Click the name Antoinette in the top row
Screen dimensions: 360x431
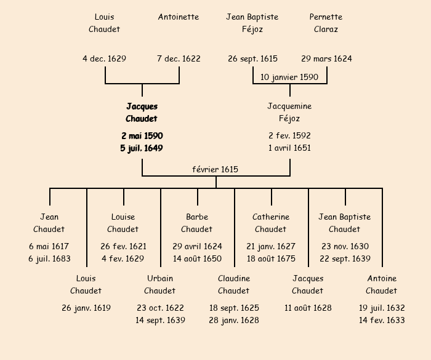point(179,17)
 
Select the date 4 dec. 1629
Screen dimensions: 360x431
point(104,59)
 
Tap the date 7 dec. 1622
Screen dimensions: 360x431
point(179,59)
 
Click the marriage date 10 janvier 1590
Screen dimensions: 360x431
point(289,78)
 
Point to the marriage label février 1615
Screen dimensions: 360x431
point(215,169)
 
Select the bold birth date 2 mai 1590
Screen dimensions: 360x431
point(142,135)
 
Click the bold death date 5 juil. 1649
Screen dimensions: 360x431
point(142,148)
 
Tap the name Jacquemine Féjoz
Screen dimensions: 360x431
point(289,112)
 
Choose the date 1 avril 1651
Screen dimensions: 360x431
point(289,148)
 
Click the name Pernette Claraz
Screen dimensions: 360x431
point(326,23)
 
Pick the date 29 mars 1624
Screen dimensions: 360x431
point(326,59)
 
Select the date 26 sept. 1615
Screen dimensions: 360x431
point(252,59)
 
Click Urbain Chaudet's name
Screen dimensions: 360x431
point(160,284)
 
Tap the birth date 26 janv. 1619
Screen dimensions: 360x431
point(86,308)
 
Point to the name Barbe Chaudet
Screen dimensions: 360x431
point(197,223)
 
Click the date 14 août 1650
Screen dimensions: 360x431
point(197,258)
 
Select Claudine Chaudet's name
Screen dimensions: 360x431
point(234,284)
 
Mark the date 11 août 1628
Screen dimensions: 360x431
point(308,308)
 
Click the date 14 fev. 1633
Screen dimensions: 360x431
point(382,320)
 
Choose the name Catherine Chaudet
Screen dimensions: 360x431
point(271,223)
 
